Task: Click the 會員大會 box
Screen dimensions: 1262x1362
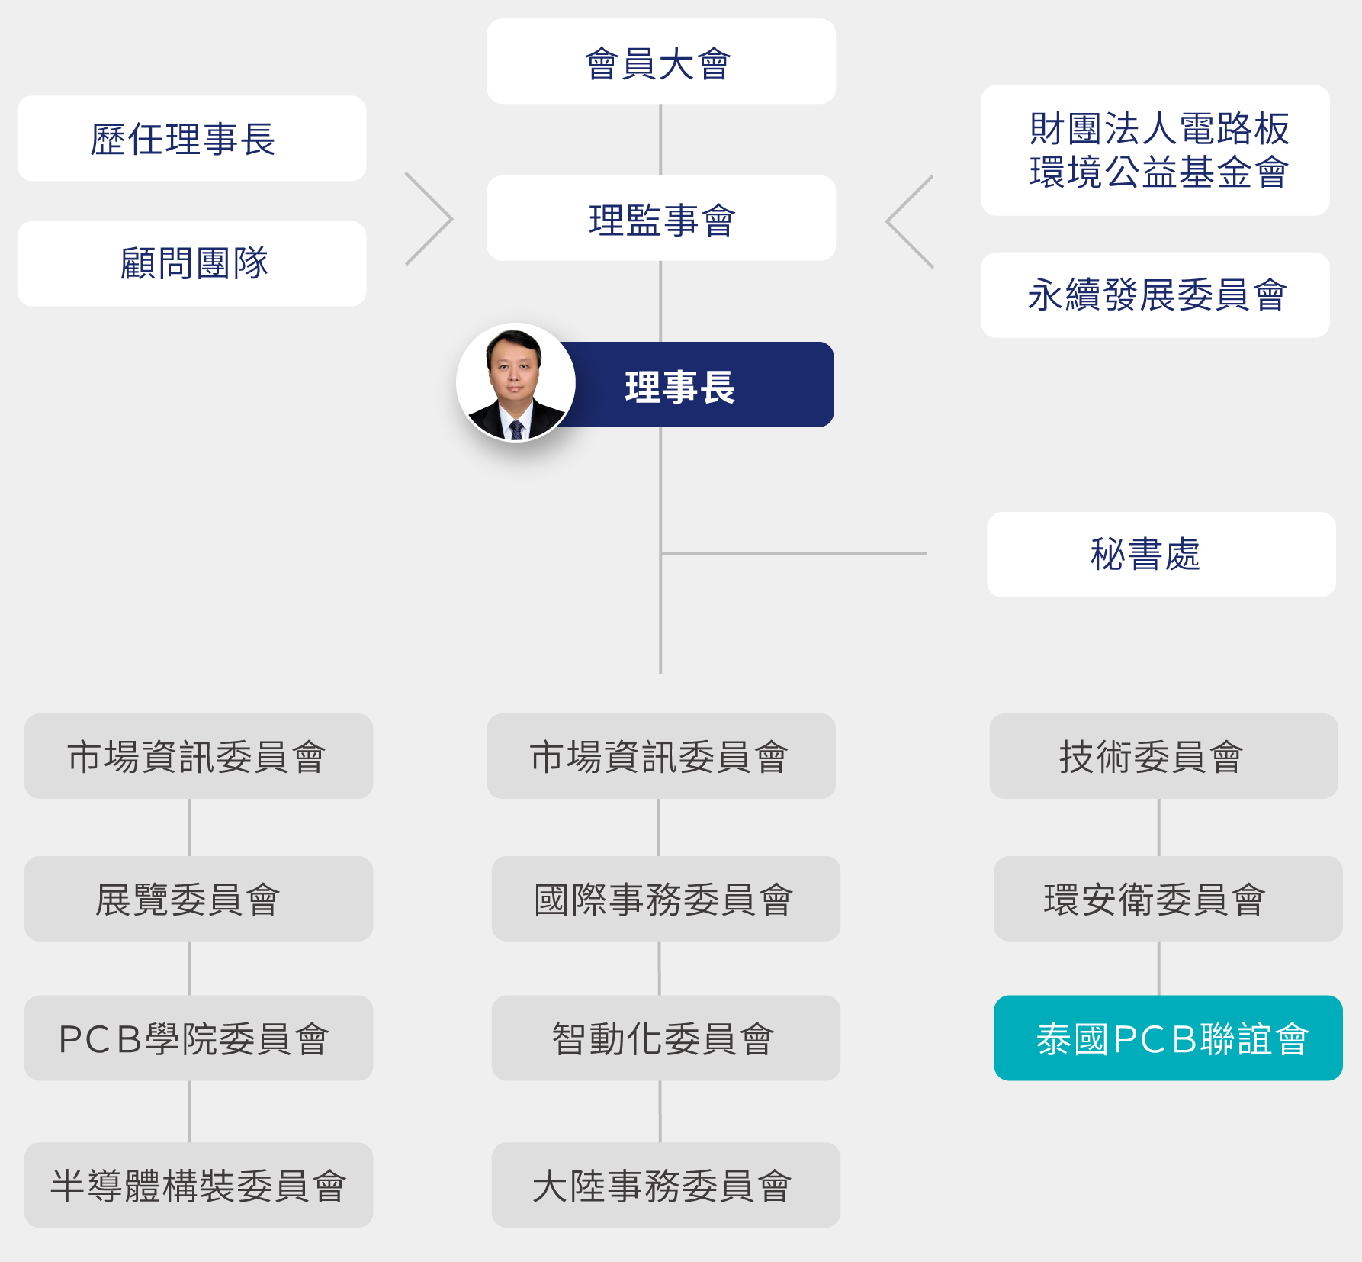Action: click(660, 62)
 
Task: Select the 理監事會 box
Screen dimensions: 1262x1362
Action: click(660, 219)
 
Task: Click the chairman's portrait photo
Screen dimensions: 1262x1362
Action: click(516, 382)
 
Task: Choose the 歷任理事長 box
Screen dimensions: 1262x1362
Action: click(191, 139)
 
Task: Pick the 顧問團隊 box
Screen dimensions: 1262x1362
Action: click(191, 264)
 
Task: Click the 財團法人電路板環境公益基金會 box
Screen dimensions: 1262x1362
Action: click(1155, 150)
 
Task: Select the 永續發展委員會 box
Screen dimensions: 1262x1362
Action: click(1155, 295)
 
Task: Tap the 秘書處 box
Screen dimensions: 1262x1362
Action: click(1161, 555)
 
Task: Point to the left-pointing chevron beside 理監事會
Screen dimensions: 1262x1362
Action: click(909, 221)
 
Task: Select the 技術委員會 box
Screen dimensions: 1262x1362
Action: click(1163, 756)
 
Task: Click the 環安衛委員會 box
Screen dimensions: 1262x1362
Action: click(1168, 899)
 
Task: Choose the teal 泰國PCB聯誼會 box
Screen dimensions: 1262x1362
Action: click(1168, 1038)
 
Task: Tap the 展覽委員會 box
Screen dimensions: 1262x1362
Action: click(198, 899)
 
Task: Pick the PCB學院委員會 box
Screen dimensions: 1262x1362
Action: click(198, 1038)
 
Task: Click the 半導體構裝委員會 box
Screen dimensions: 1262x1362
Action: click(198, 1185)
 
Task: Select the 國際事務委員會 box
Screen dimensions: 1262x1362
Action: click(665, 899)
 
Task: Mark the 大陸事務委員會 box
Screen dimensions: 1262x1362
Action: click(665, 1185)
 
